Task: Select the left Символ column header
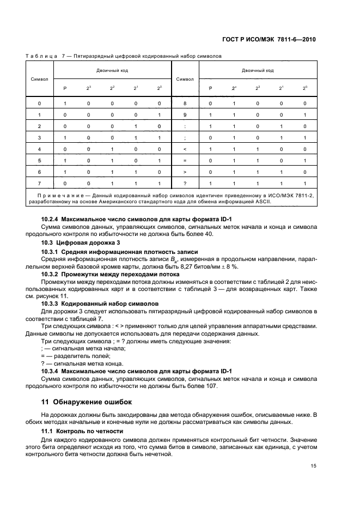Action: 39,78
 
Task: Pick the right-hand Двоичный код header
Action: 258,70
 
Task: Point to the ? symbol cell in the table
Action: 185,183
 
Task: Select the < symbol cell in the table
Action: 185,149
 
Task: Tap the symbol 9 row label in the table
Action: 185,115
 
